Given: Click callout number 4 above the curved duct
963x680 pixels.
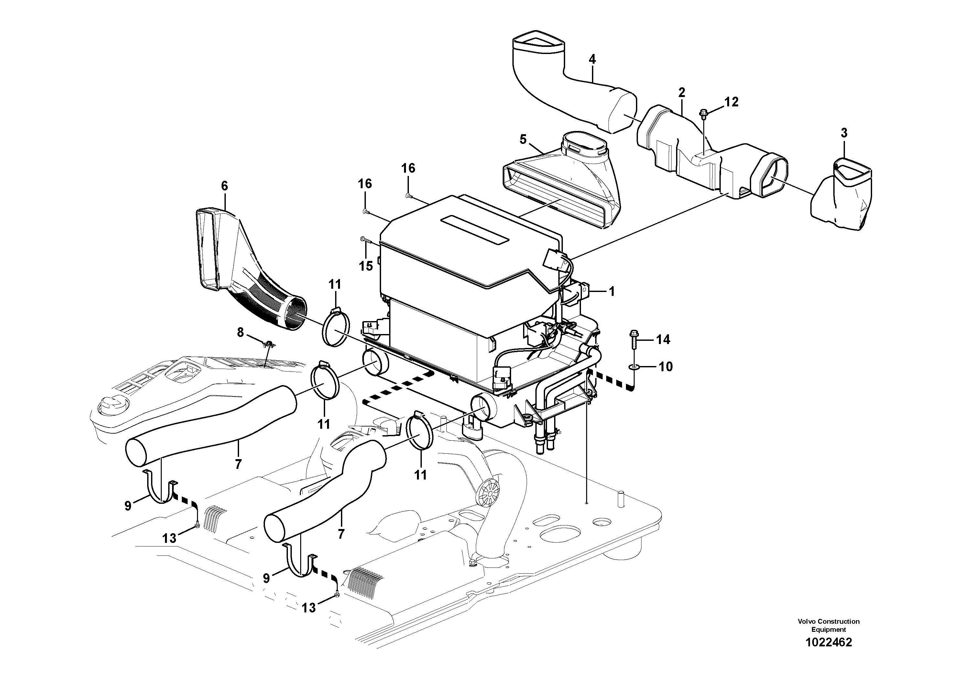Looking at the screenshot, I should coord(592,59).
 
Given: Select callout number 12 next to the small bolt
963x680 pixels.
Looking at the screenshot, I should coord(731,102).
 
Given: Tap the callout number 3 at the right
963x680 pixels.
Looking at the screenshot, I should coord(844,133).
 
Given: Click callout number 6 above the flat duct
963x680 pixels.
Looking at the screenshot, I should coord(224,186).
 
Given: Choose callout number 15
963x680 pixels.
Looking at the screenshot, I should coord(366,266).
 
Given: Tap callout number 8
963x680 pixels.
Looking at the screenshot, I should coord(240,332).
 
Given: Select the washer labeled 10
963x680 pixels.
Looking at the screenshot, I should coord(634,367).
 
